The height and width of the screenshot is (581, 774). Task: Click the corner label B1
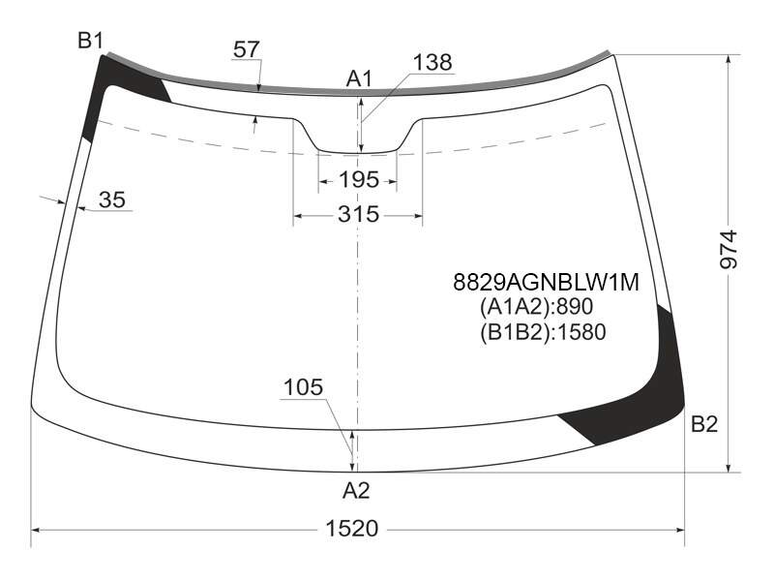pos(90,40)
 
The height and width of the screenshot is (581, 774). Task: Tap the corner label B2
pos(704,424)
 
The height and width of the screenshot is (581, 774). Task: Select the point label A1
pos(359,79)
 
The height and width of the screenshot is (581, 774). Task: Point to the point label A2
pos(356,491)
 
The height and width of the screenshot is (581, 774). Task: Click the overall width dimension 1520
pos(352,529)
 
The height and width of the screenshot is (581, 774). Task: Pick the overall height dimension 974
pos(729,250)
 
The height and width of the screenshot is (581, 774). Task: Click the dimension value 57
pos(247,49)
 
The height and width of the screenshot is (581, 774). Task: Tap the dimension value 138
pos(432,63)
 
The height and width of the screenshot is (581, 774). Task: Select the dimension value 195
pos(359,180)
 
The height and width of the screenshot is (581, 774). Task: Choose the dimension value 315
pos(359,214)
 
